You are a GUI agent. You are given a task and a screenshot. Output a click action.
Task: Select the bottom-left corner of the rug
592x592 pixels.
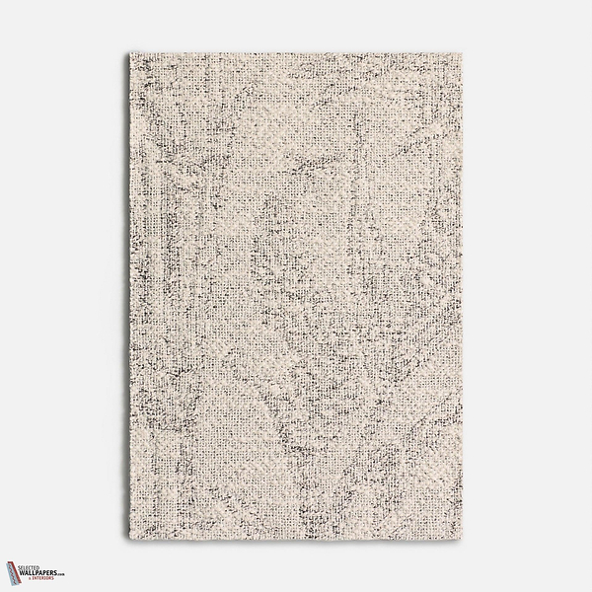point(128,546)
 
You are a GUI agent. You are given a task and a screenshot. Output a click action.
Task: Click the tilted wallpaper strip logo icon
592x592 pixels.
point(14,573)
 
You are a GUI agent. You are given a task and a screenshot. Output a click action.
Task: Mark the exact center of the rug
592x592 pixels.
point(296,296)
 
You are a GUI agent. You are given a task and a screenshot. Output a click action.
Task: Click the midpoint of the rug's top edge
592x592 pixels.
point(296,46)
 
